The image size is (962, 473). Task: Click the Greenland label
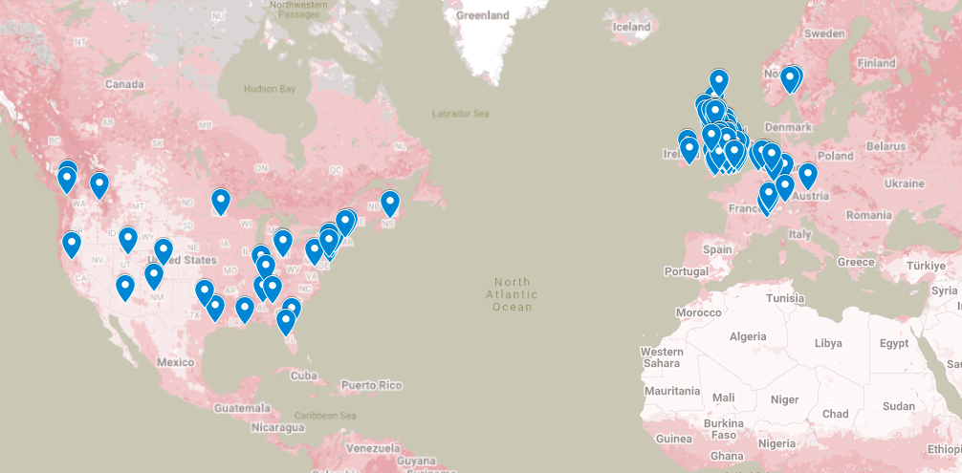(x=482, y=16)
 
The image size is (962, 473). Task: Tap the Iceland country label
(x=631, y=27)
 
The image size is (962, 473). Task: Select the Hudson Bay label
(x=271, y=89)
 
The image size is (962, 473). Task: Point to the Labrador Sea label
(x=461, y=115)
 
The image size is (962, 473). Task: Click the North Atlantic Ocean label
(x=513, y=293)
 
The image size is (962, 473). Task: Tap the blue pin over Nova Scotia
(x=390, y=203)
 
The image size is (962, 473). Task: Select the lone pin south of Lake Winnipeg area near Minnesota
(x=221, y=201)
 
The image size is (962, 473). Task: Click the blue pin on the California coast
(x=72, y=244)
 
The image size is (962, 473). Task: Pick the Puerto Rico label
(x=371, y=386)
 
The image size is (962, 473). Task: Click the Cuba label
(x=303, y=375)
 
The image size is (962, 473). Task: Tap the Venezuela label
(x=372, y=447)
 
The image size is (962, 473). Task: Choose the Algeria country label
(x=748, y=336)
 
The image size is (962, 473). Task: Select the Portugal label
(x=688, y=271)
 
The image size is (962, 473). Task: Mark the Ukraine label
(x=904, y=183)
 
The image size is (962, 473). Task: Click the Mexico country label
(x=176, y=362)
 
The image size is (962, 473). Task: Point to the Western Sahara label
(x=662, y=357)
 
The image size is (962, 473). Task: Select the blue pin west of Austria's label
(x=785, y=185)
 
